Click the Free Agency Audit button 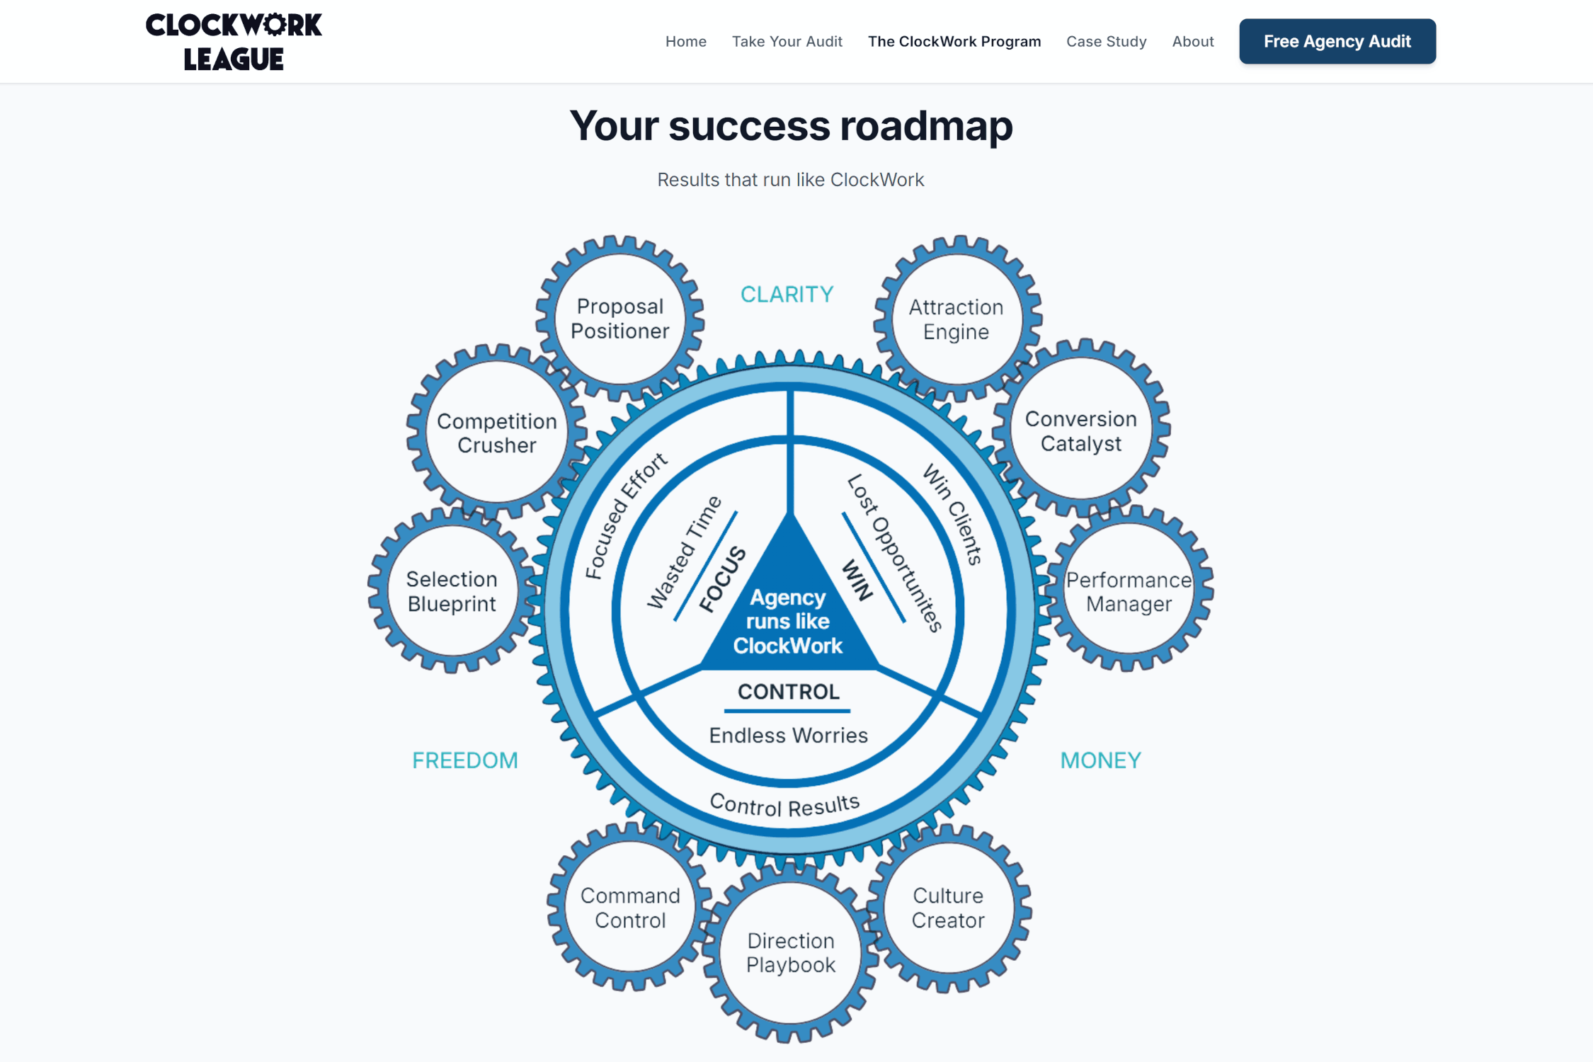click(x=1337, y=41)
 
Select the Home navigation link click(x=685, y=42)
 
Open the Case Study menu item click(x=1106, y=42)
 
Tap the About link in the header click(x=1192, y=42)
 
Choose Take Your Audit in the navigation click(x=787, y=42)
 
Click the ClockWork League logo click(x=234, y=42)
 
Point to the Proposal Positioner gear click(x=619, y=319)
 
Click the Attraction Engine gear click(x=957, y=319)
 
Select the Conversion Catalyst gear click(x=1081, y=430)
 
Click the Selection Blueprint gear click(x=452, y=590)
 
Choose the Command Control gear click(x=630, y=908)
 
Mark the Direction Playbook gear click(x=791, y=952)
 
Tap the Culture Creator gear click(x=948, y=908)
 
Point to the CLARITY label click(x=787, y=295)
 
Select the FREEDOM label click(x=465, y=760)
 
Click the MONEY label click(x=1100, y=760)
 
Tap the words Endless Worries click(x=788, y=736)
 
